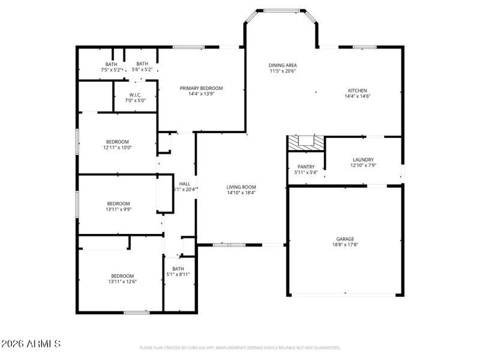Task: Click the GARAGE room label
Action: (x=345, y=238)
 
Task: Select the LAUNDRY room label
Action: (x=363, y=159)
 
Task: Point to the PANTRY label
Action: (x=306, y=167)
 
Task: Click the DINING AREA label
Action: (x=283, y=65)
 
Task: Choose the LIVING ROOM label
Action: (x=241, y=187)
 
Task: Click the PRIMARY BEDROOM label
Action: (x=201, y=88)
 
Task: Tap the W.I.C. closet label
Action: (x=135, y=95)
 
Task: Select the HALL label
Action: (x=185, y=184)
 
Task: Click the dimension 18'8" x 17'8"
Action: (x=345, y=244)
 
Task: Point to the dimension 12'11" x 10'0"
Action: (x=117, y=148)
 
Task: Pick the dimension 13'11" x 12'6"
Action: (x=122, y=281)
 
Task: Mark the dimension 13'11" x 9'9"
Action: (x=118, y=209)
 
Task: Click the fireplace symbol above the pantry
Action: (x=306, y=142)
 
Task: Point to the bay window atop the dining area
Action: (x=281, y=10)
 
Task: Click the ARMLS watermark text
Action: (x=31, y=344)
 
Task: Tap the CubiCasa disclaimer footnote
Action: (x=240, y=347)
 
